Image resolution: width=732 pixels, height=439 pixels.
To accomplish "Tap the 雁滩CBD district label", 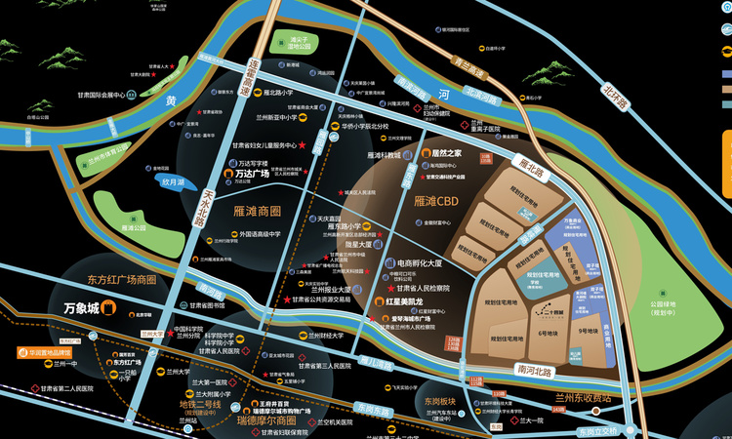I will [x=437, y=202].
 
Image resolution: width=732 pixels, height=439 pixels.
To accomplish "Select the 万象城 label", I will [x=82, y=309].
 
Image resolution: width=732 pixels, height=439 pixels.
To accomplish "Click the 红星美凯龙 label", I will [x=402, y=303].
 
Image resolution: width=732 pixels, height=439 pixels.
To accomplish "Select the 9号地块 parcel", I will [x=588, y=332].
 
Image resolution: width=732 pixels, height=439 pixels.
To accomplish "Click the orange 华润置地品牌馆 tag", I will [x=44, y=351].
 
